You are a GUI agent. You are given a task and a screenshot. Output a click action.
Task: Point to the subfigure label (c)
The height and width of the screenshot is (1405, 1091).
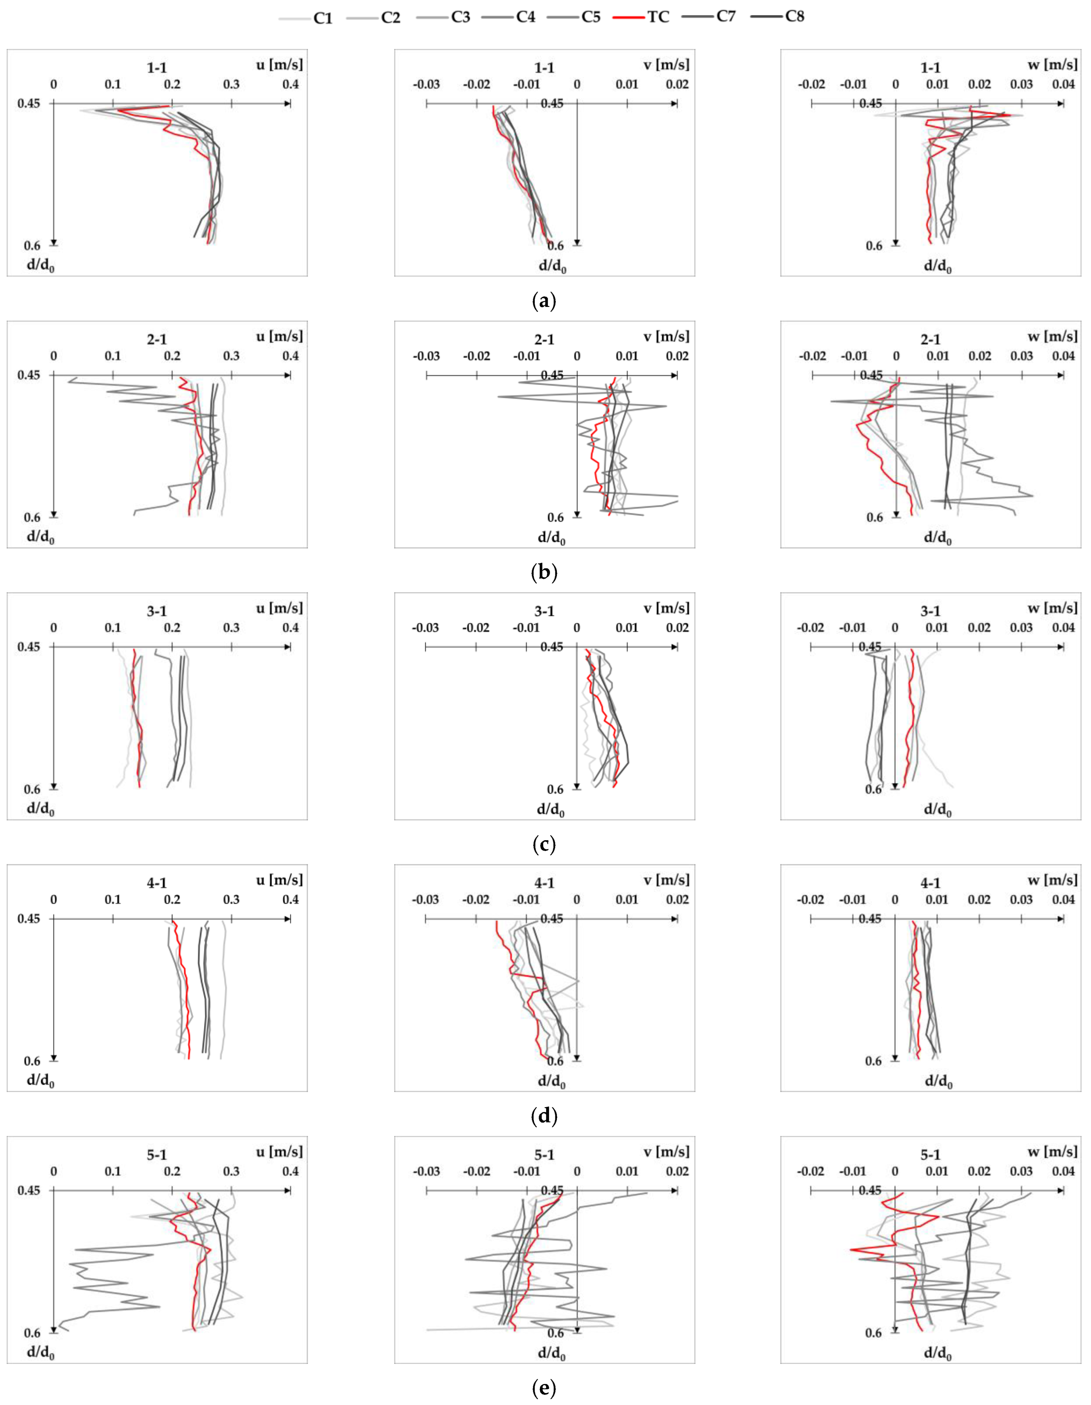[545, 844]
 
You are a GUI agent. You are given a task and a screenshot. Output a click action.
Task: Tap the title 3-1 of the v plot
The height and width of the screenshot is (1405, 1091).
[544, 611]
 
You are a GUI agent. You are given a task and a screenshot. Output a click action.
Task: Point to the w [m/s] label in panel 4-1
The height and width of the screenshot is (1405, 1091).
[1052, 880]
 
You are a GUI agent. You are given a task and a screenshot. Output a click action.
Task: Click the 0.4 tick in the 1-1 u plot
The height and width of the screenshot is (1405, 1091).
[291, 84]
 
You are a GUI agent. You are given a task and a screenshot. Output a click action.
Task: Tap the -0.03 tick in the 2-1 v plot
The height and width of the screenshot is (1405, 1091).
[426, 356]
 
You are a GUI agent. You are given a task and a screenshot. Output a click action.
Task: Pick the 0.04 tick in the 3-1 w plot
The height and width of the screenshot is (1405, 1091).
[1063, 628]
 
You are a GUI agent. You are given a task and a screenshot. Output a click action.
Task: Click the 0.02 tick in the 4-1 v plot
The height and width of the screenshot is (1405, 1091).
[677, 900]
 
